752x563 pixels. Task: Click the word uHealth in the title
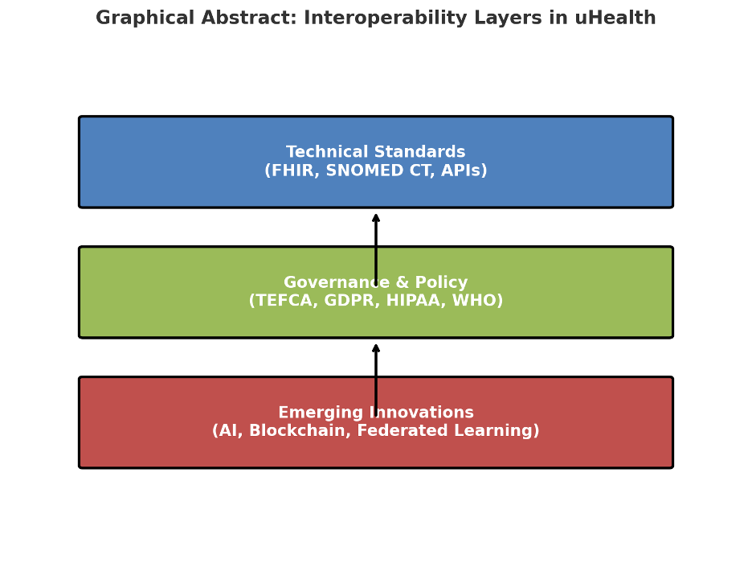pos(615,18)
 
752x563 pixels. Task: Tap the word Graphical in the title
pos(144,18)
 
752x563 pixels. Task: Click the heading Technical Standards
pos(376,152)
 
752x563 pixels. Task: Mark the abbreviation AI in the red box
pos(228,432)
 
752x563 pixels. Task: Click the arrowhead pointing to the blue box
pos(376,217)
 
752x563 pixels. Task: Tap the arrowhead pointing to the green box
pos(376,347)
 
